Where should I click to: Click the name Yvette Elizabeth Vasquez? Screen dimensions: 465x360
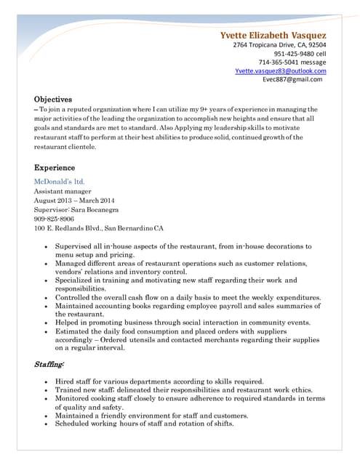click(273, 35)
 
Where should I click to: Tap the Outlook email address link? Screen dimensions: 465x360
click(281, 71)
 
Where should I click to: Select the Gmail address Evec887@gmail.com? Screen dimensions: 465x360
click(295, 80)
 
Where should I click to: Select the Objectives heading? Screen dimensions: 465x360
click(53, 99)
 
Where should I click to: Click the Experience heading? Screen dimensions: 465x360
click(55, 168)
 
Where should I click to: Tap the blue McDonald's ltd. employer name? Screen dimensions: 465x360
click(60, 180)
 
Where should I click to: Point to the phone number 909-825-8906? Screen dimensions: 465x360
click(54, 218)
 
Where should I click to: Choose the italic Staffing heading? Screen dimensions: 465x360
click(49, 363)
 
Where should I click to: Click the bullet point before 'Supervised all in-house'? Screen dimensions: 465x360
click(47, 247)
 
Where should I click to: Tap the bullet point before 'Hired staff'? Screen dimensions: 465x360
click(47, 381)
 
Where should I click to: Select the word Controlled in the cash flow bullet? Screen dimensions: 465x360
click(74, 297)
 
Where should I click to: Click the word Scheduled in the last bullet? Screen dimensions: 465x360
click(74, 424)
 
